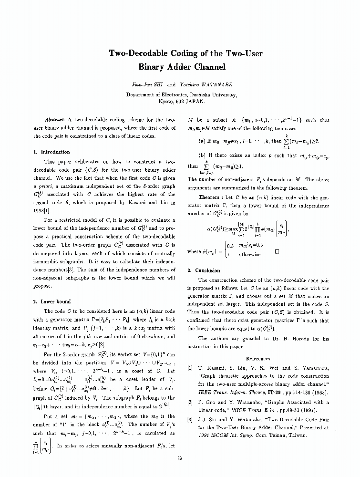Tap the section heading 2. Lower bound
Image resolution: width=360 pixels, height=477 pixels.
click(52, 301)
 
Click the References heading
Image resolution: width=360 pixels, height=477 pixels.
click(258, 358)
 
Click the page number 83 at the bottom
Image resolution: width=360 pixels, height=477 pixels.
click(180, 458)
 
